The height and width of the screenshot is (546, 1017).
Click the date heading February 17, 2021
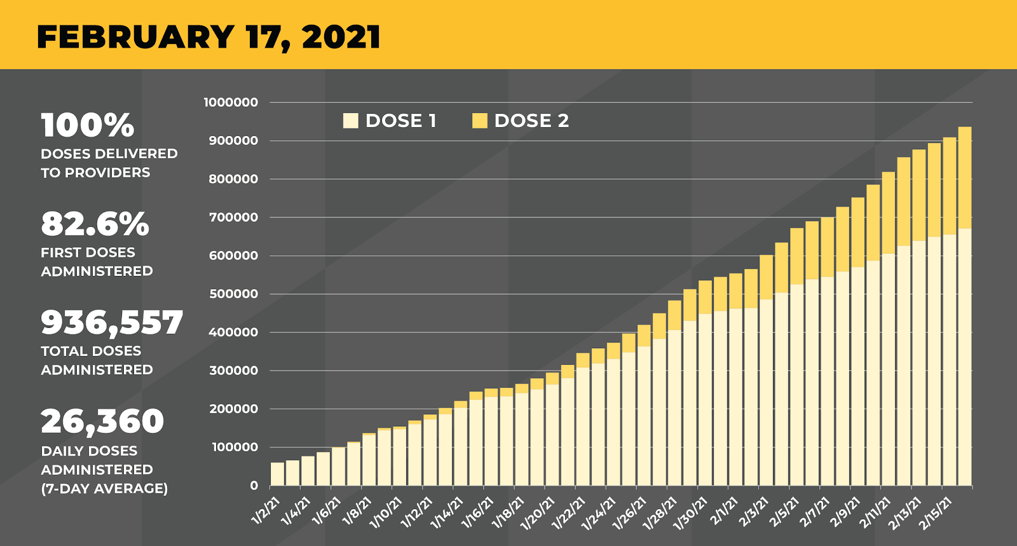point(208,37)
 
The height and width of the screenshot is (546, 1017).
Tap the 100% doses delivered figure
point(88,125)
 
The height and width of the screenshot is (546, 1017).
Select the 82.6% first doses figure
point(95,224)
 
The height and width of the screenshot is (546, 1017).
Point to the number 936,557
point(112,323)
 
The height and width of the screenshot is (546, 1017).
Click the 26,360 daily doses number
point(102,421)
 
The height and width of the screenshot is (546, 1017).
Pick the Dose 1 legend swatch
point(350,121)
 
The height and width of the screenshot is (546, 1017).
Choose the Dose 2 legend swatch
point(480,121)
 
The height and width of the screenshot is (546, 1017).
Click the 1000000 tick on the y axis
point(231,102)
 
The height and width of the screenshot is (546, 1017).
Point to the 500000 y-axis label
point(233,294)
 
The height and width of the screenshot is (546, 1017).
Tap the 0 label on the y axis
point(254,486)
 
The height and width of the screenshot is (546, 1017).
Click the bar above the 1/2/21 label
point(277,474)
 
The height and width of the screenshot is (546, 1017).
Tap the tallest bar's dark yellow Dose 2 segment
point(964,178)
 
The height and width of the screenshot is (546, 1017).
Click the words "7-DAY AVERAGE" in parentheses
point(105,488)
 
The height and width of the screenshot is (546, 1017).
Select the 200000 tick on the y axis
point(233,409)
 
